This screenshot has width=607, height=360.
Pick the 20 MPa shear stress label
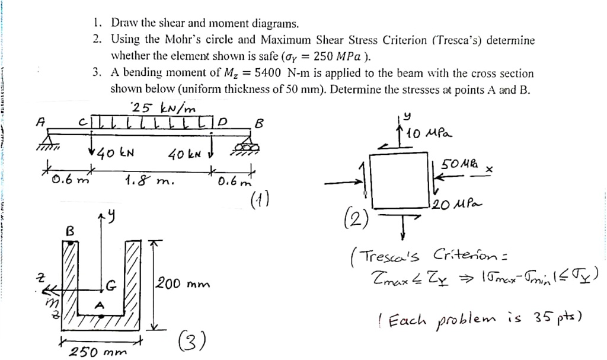tap(456, 206)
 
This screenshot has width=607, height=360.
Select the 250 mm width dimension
tap(98, 351)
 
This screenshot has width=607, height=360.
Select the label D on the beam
tap(222, 122)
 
